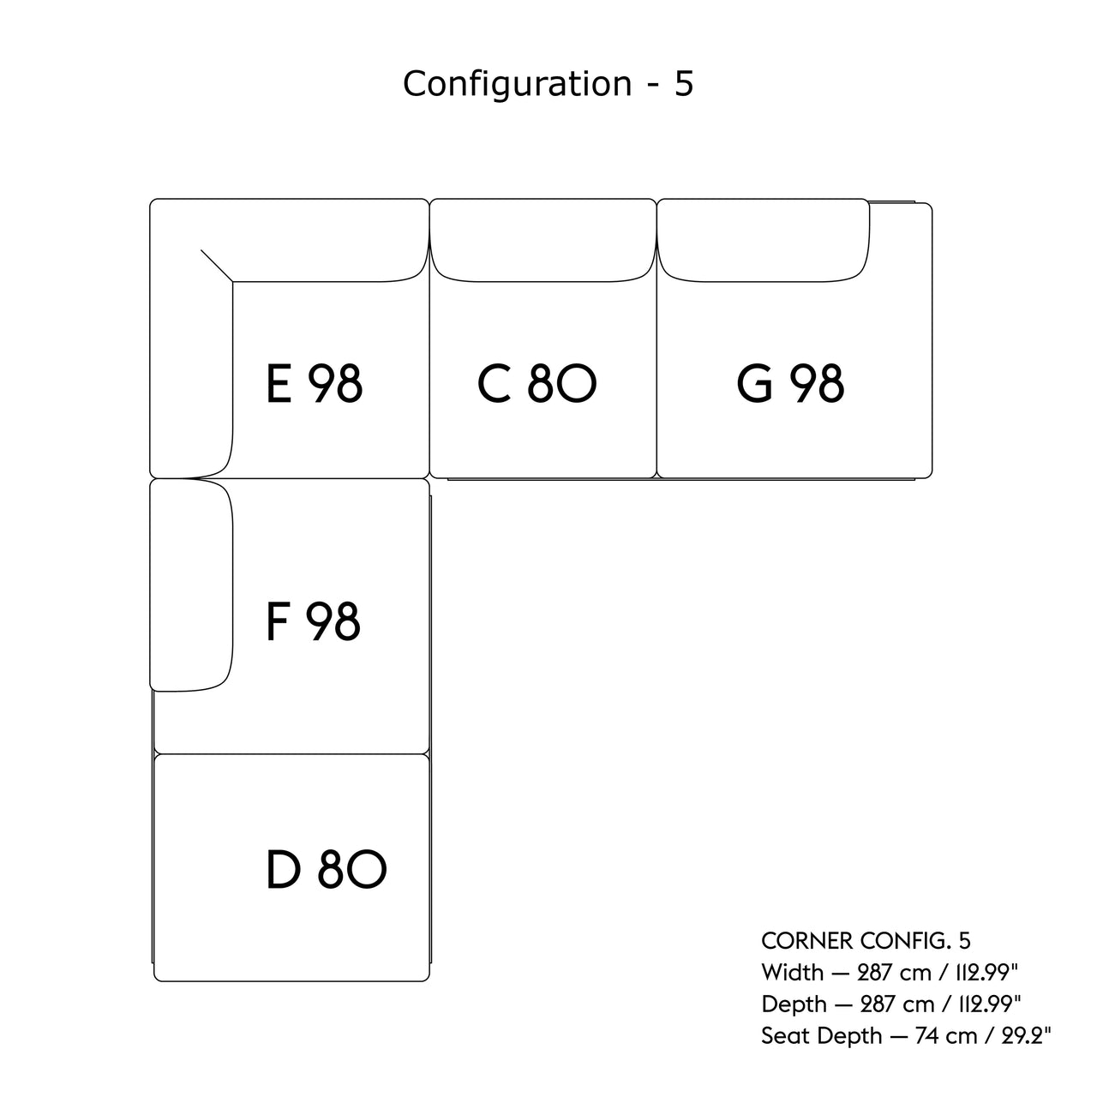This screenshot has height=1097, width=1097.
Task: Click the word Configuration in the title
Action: coord(518,84)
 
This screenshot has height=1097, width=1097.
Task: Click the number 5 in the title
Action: coord(683,84)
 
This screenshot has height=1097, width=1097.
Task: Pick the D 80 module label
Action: coord(327,869)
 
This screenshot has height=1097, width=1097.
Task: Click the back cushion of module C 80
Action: coord(543,240)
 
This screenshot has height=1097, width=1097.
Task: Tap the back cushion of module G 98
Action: coord(763,240)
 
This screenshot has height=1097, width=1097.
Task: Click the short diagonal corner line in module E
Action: coord(217,265)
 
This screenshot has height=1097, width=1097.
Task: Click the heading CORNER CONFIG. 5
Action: coord(866,941)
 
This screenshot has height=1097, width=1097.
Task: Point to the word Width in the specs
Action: coord(791,973)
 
